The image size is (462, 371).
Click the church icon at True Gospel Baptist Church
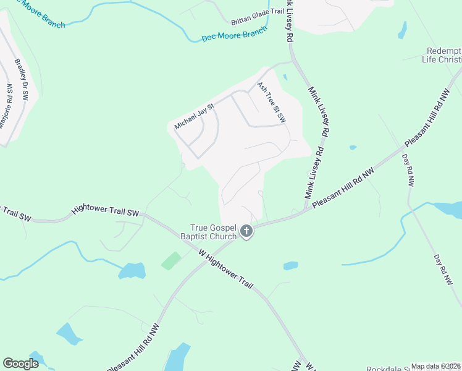pyautogui.click(x=246, y=231)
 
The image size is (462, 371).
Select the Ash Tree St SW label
pyautogui.click(x=272, y=101)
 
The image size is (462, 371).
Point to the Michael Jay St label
pyautogui.click(x=194, y=116)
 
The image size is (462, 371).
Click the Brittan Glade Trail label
pyautogui.click(x=257, y=20)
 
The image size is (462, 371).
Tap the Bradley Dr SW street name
pyautogui.click(x=22, y=79)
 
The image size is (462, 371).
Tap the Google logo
pyautogui.click(x=20, y=364)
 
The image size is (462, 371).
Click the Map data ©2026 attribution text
pyautogui.click(x=435, y=366)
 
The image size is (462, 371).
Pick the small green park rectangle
pyautogui.click(x=171, y=260)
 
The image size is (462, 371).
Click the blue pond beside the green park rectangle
pyautogui.click(x=133, y=270)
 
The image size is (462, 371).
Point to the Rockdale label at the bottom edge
pyautogui.click(x=389, y=369)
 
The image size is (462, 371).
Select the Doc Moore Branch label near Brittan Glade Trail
pyautogui.click(x=235, y=33)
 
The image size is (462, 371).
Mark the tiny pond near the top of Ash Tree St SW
pyautogui.click(x=285, y=77)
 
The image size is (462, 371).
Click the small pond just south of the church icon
pyautogui.click(x=291, y=266)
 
